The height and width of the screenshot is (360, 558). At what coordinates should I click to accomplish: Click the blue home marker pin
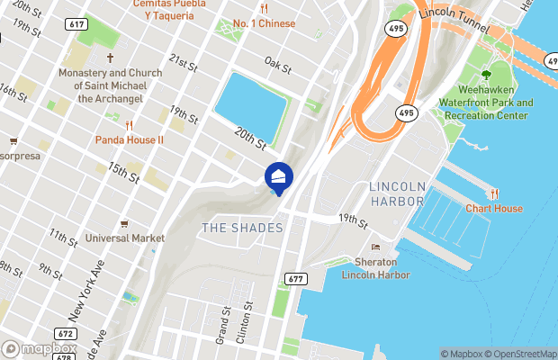click(x=278, y=178)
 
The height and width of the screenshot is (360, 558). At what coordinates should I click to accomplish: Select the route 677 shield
click(x=294, y=280)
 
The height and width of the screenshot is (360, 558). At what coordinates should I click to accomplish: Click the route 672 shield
click(x=64, y=333)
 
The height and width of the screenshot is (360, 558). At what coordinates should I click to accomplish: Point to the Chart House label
click(x=493, y=209)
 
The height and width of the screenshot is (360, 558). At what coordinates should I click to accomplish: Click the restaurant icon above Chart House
click(x=494, y=193)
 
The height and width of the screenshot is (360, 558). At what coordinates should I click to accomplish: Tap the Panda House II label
click(x=130, y=140)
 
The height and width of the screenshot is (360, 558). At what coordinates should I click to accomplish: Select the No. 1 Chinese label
click(x=264, y=23)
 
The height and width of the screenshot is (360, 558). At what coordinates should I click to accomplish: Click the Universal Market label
click(x=125, y=238)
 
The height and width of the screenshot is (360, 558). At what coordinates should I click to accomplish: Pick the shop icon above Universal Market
click(x=124, y=223)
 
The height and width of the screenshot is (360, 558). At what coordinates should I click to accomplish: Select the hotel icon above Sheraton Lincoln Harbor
click(x=375, y=247)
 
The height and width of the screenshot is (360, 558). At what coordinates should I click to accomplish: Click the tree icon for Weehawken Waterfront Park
click(x=486, y=75)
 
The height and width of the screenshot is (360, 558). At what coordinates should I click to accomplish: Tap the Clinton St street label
click(x=240, y=323)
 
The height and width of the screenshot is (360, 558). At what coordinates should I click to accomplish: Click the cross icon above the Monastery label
click(x=110, y=57)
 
